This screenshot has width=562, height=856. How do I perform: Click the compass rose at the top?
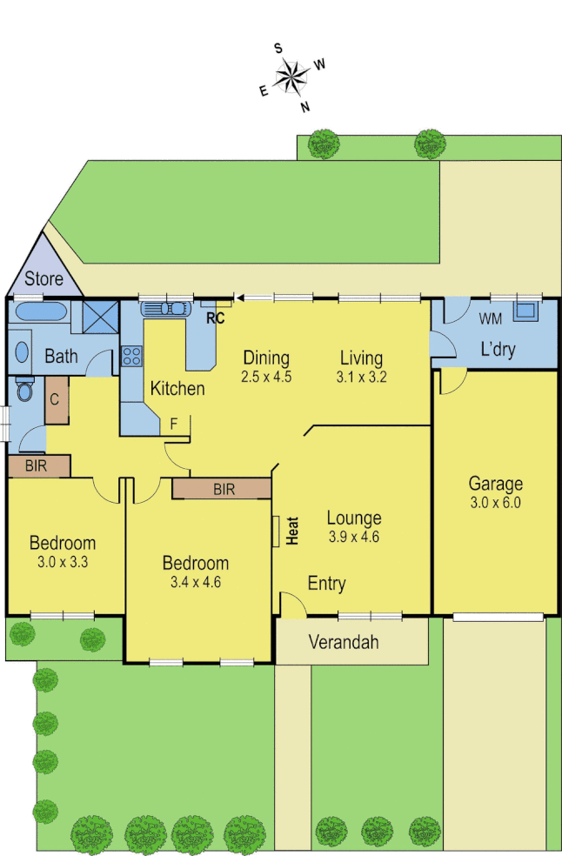[x=292, y=76]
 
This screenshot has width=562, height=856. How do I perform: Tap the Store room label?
[x=43, y=279]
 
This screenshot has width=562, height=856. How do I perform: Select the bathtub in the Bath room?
[x=39, y=311]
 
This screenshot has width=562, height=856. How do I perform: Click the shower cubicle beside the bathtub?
[x=99, y=316]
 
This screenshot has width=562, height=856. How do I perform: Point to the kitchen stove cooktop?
[x=131, y=356]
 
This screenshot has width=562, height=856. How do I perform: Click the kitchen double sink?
[x=164, y=308]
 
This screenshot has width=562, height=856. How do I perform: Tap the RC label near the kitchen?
[x=215, y=318]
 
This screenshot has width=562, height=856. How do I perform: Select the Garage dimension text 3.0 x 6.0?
[x=495, y=502]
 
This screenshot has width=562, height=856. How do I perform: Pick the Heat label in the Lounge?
[x=292, y=531]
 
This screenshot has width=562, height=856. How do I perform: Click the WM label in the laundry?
[x=490, y=318]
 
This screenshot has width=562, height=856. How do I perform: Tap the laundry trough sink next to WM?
[x=525, y=311]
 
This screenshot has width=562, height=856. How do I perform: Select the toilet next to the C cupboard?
[x=23, y=391]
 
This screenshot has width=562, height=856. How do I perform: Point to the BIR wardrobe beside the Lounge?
[x=223, y=489]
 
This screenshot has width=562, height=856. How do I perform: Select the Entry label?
[x=327, y=583]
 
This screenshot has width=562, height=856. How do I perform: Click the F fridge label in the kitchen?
[x=174, y=424]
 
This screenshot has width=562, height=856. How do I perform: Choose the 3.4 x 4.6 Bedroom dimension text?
[x=196, y=582]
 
